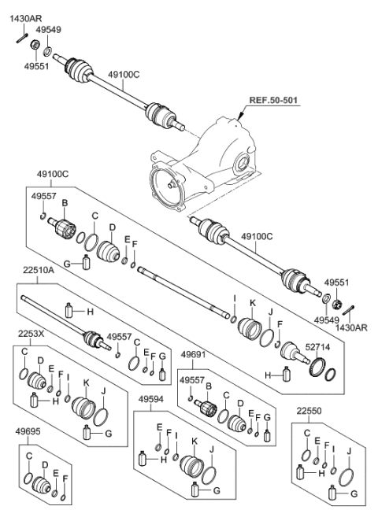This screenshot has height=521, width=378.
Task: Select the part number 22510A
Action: tap(34, 290)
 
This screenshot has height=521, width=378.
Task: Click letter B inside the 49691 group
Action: tap(208, 386)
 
